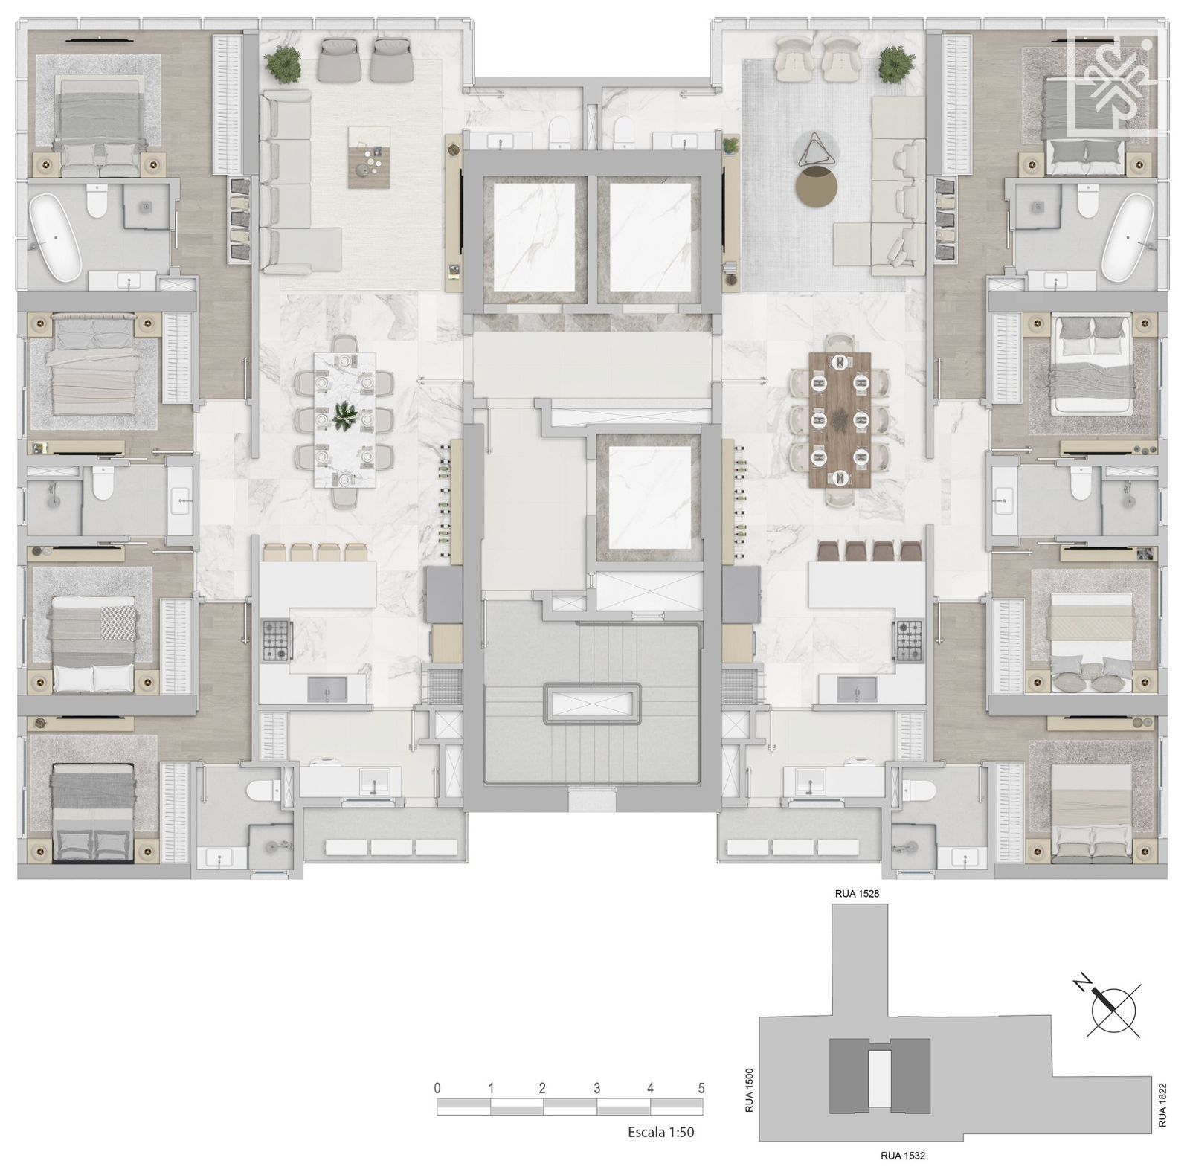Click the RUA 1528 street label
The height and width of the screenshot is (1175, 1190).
857,894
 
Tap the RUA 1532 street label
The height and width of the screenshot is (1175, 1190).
903,1155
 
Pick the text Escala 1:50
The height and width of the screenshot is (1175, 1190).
661,1133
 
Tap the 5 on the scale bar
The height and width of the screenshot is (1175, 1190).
701,1088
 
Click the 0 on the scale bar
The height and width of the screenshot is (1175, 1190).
437,1088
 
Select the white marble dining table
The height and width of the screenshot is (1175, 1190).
344,420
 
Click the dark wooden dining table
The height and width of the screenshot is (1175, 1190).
840,420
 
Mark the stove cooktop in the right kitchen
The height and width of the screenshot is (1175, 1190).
910,641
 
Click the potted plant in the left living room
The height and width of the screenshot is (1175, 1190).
284,64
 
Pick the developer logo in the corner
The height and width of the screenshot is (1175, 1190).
1113,82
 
